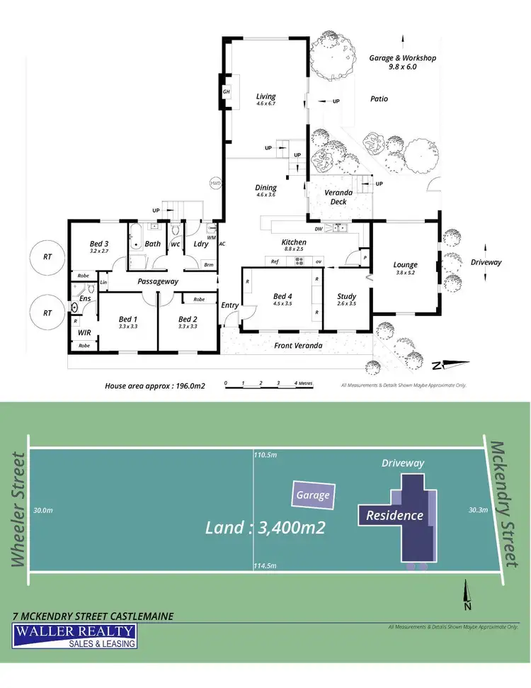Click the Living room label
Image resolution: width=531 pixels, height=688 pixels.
tap(266, 96)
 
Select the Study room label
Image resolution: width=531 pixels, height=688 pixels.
tap(346, 296)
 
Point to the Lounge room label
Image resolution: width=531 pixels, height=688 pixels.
tap(405, 265)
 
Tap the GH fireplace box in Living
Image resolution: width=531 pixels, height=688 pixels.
tap(227, 91)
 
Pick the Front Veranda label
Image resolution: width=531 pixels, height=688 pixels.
tap(298, 345)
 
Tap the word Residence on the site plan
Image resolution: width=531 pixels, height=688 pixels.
tap(394, 515)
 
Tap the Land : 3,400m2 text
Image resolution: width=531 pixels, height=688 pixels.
tap(265, 527)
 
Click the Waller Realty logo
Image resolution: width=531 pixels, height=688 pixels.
tap(76, 635)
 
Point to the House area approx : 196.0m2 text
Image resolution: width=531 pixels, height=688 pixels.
tap(155, 386)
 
